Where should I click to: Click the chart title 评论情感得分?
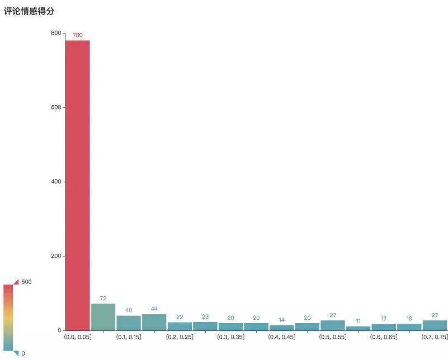29,11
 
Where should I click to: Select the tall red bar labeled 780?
77,184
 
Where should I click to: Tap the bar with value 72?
103,317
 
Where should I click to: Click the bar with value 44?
154,322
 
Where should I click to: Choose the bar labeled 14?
281,328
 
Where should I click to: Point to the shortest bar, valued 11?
358,328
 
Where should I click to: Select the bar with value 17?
384,327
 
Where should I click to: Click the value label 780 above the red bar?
77,35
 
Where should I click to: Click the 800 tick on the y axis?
55,33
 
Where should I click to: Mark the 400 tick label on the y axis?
55,182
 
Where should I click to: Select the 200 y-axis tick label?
55,256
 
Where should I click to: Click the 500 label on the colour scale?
26,282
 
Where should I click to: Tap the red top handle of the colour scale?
16,282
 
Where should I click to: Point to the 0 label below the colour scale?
23,353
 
